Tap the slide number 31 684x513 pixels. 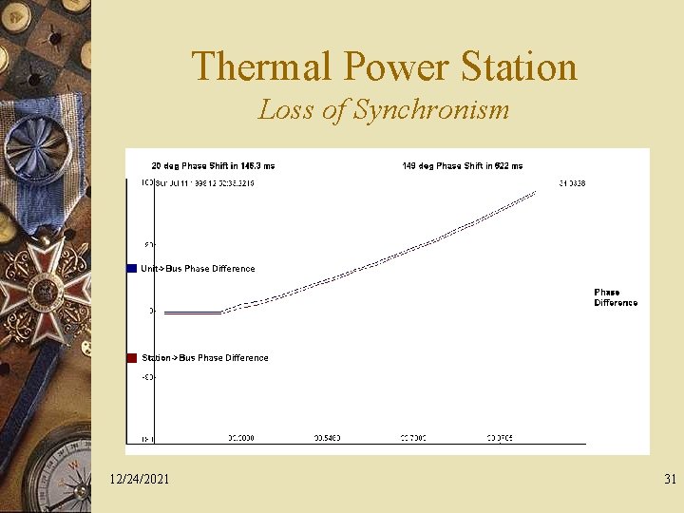670,480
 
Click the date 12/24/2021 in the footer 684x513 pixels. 140,480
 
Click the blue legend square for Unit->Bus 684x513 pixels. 132,269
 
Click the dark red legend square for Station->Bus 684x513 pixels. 132,358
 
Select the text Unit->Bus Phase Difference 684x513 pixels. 198,269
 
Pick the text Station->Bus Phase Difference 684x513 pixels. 204,358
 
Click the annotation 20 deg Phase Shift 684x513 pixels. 213,166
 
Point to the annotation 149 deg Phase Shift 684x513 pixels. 462,166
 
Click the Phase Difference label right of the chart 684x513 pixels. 616,297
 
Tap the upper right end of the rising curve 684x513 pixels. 535,192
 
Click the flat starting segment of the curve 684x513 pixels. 193,312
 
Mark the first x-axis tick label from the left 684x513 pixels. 241,438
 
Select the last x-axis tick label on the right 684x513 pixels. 500,438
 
